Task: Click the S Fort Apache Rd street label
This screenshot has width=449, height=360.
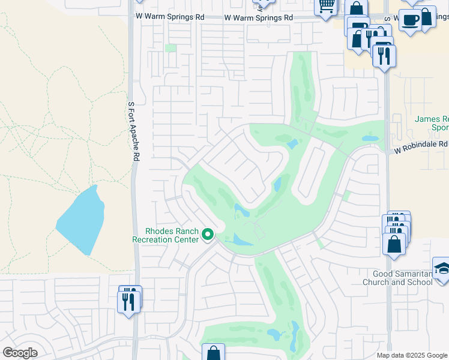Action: tap(134, 131)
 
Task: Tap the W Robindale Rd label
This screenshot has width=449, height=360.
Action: tap(421, 145)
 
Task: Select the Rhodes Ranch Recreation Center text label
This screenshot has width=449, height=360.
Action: tap(165, 235)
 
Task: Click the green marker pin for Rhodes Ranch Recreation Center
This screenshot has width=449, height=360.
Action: tap(208, 234)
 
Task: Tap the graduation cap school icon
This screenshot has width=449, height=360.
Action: tap(441, 268)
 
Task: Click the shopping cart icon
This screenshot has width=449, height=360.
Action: tap(327, 7)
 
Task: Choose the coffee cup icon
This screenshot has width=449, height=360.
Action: tap(410, 20)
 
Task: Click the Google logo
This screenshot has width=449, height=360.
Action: tap(20, 353)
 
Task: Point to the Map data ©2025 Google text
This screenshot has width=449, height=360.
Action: tap(412, 355)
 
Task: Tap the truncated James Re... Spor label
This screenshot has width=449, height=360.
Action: tap(432, 124)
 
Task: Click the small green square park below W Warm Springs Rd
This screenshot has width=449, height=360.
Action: tap(171, 48)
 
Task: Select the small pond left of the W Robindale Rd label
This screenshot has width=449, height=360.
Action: tap(370, 139)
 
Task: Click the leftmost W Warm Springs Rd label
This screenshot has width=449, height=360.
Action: tap(166, 17)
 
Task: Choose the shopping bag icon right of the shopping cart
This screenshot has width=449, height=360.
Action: tap(357, 10)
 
